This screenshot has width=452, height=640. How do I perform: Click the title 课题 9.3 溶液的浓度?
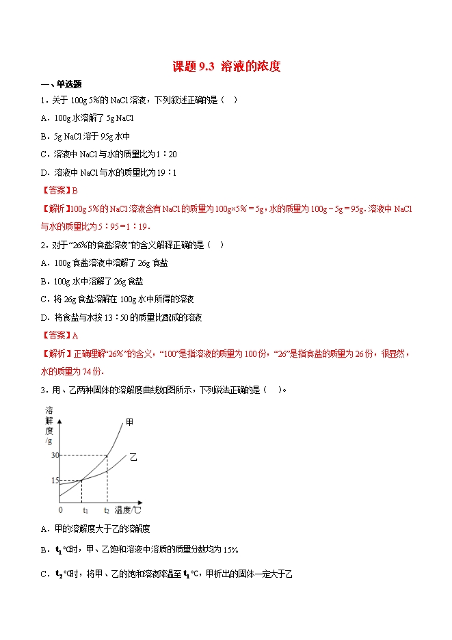click(x=226, y=66)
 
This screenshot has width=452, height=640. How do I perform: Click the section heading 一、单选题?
click(x=62, y=84)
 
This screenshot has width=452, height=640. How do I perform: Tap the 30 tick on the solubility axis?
click(x=54, y=455)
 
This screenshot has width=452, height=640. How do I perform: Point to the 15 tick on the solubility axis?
click(x=54, y=480)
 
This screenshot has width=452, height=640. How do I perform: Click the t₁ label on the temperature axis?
click(x=85, y=510)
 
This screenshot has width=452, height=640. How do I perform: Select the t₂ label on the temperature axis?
click(x=107, y=510)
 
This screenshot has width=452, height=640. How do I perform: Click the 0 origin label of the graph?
click(x=60, y=510)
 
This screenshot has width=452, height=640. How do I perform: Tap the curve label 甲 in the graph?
click(x=130, y=423)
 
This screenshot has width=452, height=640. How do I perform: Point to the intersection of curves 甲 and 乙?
click(x=82, y=479)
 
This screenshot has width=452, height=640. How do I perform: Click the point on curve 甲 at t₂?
click(x=107, y=455)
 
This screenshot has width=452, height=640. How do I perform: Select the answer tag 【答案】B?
click(x=60, y=191)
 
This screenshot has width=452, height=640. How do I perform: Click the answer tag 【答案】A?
click(x=60, y=335)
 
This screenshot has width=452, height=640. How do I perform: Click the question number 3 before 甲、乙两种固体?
click(x=43, y=390)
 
